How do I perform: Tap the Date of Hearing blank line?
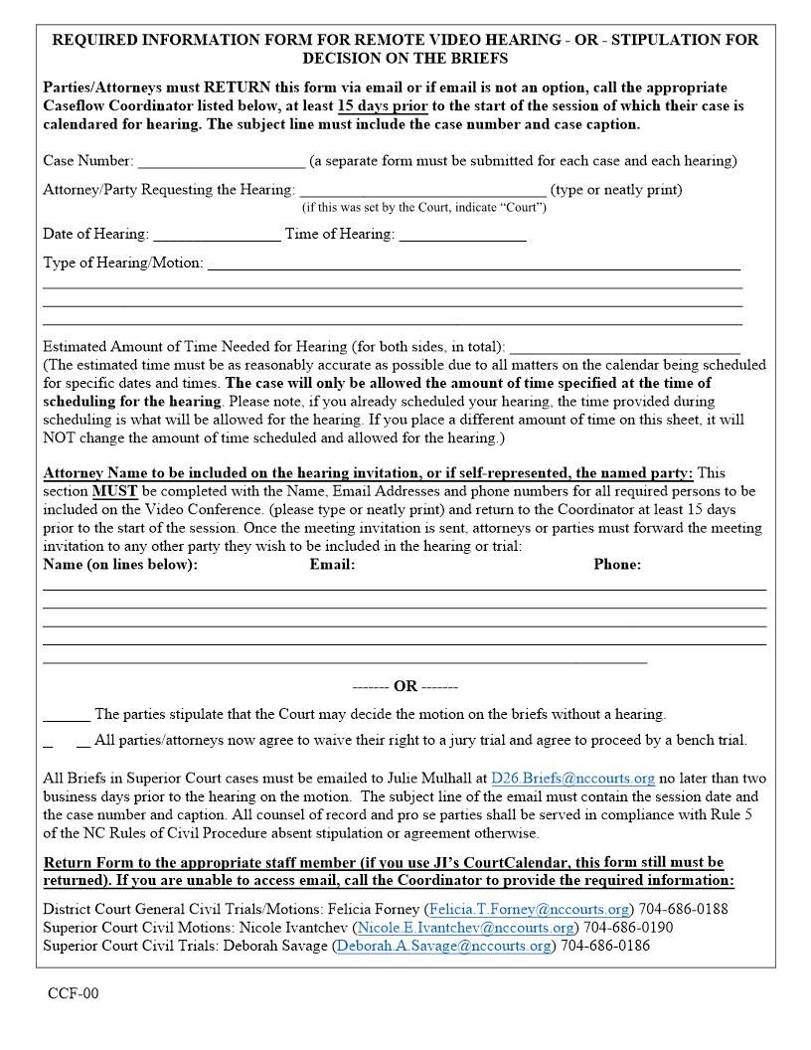pyautogui.click(x=217, y=237)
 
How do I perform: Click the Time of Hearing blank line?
pyautogui.click(x=462, y=237)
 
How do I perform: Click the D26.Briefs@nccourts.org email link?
pyautogui.click(x=572, y=779)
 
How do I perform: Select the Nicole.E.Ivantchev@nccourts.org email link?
pyautogui.click(x=465, y=928)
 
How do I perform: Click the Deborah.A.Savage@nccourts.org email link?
pyautogui.click(x=443, y=946)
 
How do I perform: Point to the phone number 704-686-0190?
pyautogui.click(x=628, y=928)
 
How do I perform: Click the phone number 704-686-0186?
pyautogui.click(x=605, y=946)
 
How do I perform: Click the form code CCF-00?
pyautogui.click(x=73, y=993)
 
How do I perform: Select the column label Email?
pyautogui.click(x=332, y=565)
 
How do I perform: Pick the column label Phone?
pyautogui.click(x=617, y=565)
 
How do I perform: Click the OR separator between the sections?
pyautogui.click(x=405, y=687)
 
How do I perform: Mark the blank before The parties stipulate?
pyautogui.click(x=67, y=716)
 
